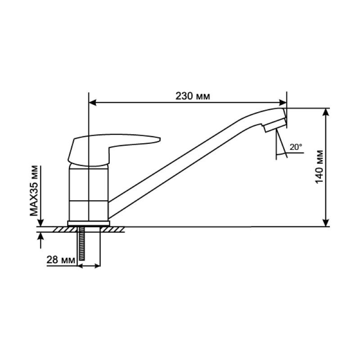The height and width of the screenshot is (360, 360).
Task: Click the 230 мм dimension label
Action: point(193,96)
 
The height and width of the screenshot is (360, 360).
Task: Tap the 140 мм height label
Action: point(319,167)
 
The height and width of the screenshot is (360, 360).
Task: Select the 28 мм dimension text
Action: point(61,260)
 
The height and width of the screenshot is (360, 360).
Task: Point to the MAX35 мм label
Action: point(34,191)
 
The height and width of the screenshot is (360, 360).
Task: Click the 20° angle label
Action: point(296,147)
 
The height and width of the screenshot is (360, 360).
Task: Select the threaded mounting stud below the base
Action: point(82,243)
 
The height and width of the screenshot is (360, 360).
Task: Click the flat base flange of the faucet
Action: point(89,223)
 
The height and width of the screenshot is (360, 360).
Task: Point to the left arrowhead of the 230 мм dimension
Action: point(92,103)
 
